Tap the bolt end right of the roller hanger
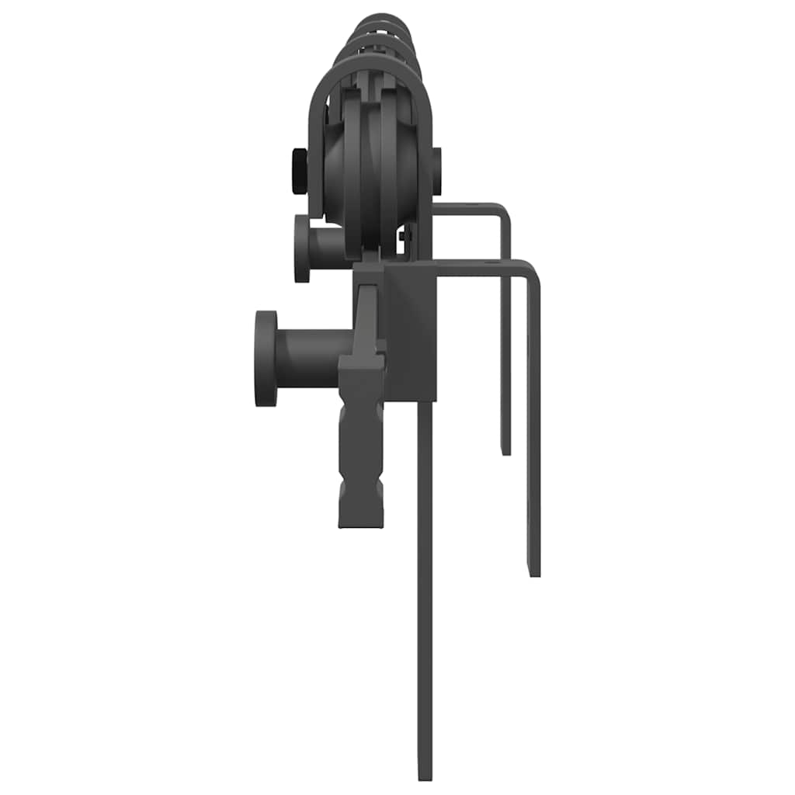436,171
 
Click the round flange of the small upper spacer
301,248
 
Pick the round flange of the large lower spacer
266,358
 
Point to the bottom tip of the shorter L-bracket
505,450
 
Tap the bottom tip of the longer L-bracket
534,572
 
